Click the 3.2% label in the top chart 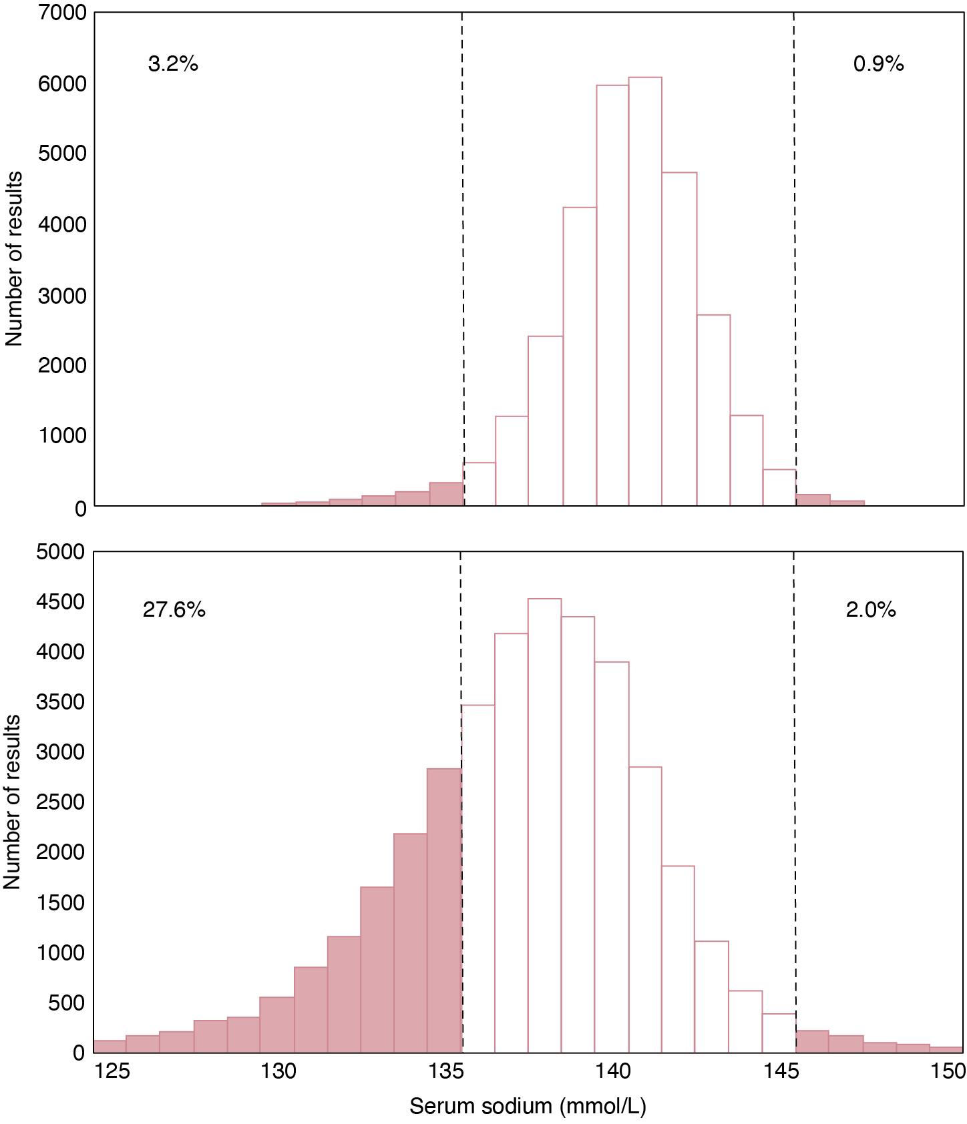173,64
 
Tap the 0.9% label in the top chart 878,64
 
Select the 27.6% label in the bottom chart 174,609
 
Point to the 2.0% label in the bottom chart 871,609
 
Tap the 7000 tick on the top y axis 62,13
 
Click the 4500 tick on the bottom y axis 61,602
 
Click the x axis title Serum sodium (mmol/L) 528,1106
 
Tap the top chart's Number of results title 14,258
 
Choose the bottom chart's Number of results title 13,801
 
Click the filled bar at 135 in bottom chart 444,910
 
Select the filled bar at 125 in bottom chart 110,1046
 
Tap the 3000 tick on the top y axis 62,296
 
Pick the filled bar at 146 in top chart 813,500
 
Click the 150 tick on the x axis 948,1072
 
